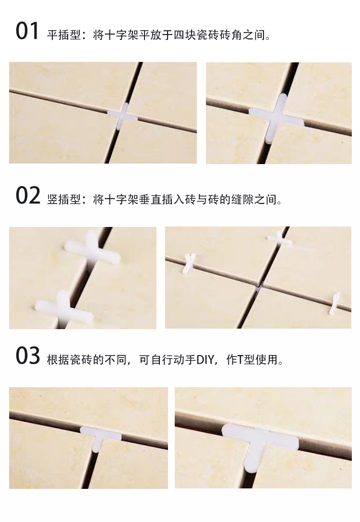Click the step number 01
click(x=27, y=31)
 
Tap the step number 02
click(x=28, y=196)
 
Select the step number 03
click(x=28, y=356)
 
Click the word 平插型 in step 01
click(x=64, y=35)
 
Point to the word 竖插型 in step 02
click(x=64, y=200)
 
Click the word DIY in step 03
click(x=205, y=359)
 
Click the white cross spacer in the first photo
click(x=122, y=116)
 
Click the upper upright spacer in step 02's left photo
click(x=93, y=249)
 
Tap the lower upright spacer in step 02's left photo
click(x=64, y=308)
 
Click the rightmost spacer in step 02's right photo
click(x=335, y=303)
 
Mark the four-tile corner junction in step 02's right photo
click(x=259, y=286)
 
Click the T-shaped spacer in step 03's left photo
click(x=100, y=437)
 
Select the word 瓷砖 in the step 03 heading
click(x=81, y=359)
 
